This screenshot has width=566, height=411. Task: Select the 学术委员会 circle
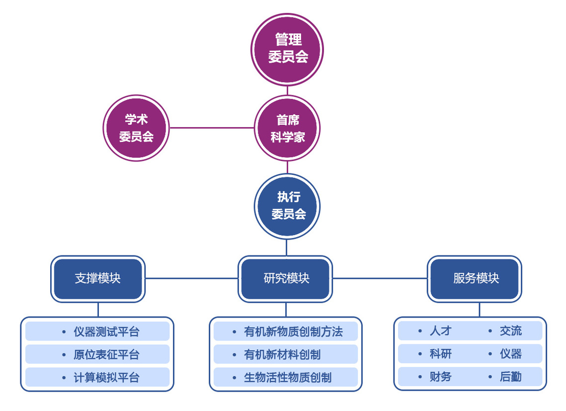pyautogui.click(x=136, y=128)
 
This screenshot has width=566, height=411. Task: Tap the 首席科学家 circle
pyautogui.click(x=287, y=128)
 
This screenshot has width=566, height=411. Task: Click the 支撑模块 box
pyautogui.click(x=98, y=278)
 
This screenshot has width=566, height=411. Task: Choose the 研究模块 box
pyautogui.click(x=286, y=278)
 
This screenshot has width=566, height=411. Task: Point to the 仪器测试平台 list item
pyautogui.click(x=106, y=331)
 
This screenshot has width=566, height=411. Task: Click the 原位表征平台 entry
pyautogui.click(x=106, y=355)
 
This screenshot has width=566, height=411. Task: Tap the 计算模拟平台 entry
pyautogui.click(x=106, y=378)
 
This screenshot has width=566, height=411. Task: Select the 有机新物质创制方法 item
pyautogui.click(x=293, y=331)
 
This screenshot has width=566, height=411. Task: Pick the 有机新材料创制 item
pyautogui.click(x=282, y=355)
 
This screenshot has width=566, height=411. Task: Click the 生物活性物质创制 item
pyautogui.click(x=287, y=378)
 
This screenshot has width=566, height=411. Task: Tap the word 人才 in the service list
pyautogui.click(x=440, y=331)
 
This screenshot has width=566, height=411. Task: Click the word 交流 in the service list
pyautogui.click(x=510, y=331)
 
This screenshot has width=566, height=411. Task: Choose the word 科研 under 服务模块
pyautogui.click(x=440, y=354)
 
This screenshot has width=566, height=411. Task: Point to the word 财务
pyautogui.click(x=440, y=377)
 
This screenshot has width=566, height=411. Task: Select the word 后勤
pyautogui.click(x=510, y=377)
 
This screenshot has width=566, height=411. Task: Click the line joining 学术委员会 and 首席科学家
pyautogui.click(x=212, y=128)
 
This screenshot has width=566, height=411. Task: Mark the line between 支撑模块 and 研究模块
pyautogui.click(x=191, y=278)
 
